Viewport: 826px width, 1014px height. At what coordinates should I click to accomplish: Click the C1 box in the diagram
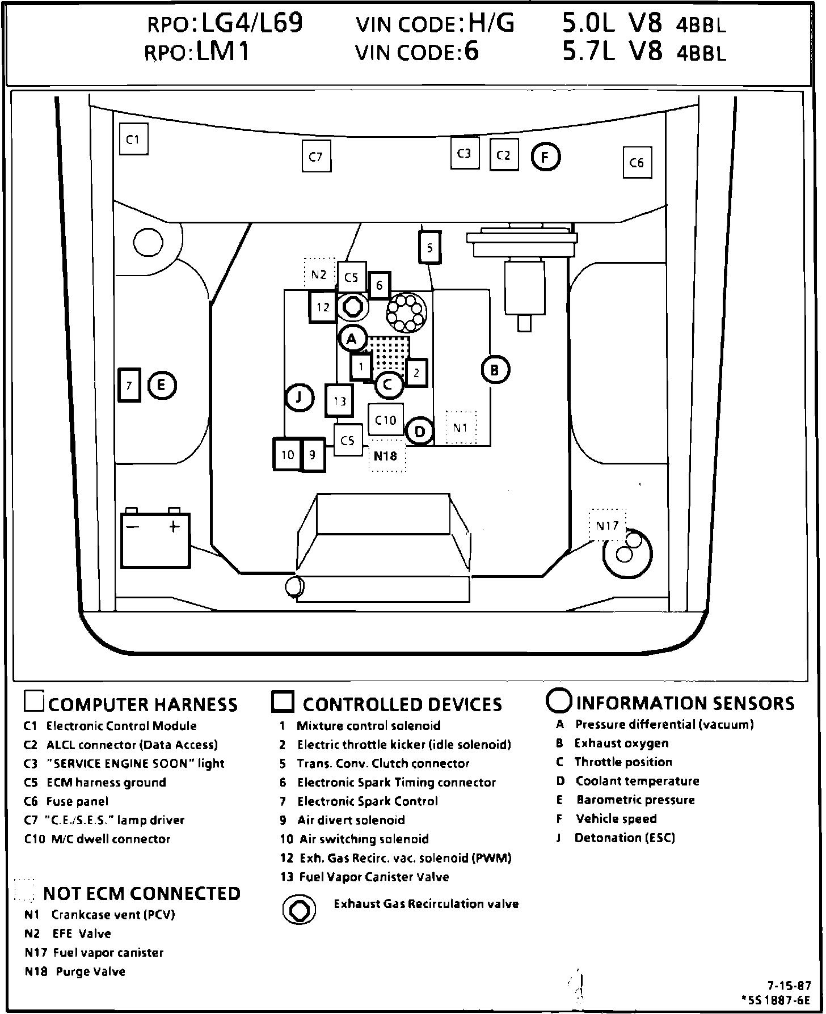pyautogui.click(x=133, y=139)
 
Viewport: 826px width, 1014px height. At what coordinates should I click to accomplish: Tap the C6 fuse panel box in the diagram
pyautogui.click(x=637, y=163)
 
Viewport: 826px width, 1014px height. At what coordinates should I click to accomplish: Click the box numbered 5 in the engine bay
pyautogui.click(x=429, y=248)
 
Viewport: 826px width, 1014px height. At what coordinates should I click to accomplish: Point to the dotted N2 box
pyautogui.click(x=319, y=275)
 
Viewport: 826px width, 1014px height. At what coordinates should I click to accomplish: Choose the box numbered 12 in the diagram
pyautogui.click(x=323, y=307)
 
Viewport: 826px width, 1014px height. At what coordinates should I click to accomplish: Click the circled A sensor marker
pyautogui.click(x=352, y=339)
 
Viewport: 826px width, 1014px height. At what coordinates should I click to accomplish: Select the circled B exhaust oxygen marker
pyautogui.click(x=495, y=370)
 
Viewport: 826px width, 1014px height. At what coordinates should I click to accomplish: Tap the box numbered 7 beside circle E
pyautogui.click(x=129, y=386)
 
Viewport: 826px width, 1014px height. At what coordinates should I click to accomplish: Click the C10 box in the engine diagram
pyautogui.click(x=386, y=420)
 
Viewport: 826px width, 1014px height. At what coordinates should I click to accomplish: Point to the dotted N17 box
pyautogui.click(x=607, y=525)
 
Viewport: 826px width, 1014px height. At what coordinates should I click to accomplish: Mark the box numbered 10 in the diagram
pyautogui.click(x=288, y=455)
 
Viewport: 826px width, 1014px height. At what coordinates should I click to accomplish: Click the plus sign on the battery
pyautogui.click(x=174, y=527)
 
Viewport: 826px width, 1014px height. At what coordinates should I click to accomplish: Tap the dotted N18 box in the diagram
pyautogui.click(x=386, y=455)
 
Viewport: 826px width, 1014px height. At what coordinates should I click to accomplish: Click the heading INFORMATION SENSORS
pyautogui.click(x=685, y=703)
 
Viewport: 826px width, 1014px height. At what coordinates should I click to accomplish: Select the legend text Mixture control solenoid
pyautogui.click(x=368, y=726)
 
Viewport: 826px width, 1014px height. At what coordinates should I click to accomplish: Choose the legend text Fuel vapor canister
pyautogui.click(x=108, y=953)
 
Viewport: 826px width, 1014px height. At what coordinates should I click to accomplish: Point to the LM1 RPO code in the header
pyautogui.click(x=223, y=52)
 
